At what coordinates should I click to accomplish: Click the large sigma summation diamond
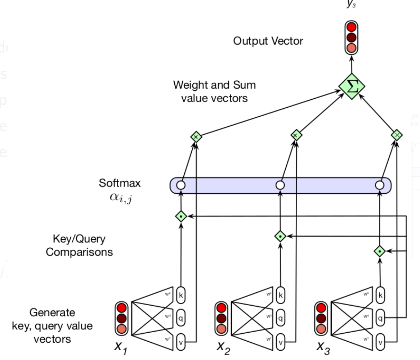352,86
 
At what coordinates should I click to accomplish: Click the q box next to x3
380,318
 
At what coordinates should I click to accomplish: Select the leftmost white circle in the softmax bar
181,185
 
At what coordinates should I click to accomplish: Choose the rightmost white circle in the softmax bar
379,185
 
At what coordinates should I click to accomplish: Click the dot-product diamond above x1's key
181,216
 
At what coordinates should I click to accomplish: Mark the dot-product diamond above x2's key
280,236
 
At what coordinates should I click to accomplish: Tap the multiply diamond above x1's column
196,137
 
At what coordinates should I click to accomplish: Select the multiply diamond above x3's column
397,135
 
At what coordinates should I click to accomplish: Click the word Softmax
120,183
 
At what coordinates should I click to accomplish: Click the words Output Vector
268,41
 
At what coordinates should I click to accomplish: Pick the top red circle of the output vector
352,27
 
